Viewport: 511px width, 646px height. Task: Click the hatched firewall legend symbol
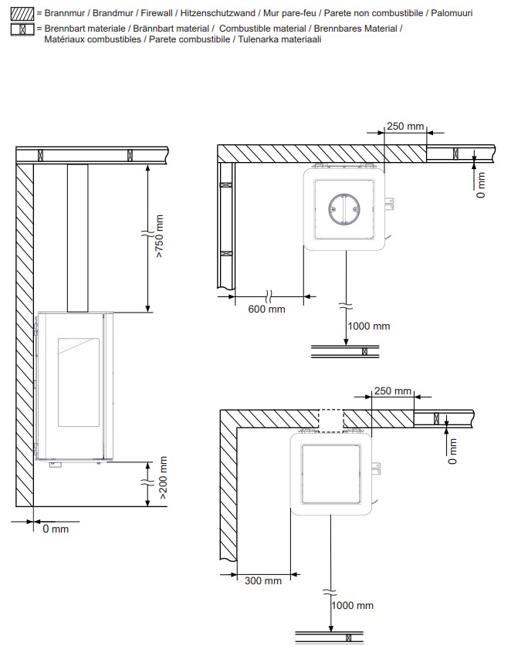click(x=22, y=14)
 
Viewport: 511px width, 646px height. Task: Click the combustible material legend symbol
click(x=22, y=29)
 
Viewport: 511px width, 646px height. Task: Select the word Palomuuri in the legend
click(x=452, y=13)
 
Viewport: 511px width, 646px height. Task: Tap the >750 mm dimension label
click(x=160, y=236)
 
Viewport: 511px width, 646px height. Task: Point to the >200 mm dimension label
click(x=163, y=478)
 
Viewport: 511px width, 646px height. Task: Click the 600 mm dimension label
click(x=266, y=309)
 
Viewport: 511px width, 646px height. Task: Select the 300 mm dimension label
click(x=263, y=580)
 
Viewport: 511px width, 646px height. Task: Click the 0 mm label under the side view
click(x=56, y=529)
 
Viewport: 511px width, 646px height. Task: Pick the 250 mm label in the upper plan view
click(x=405, y=126)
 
